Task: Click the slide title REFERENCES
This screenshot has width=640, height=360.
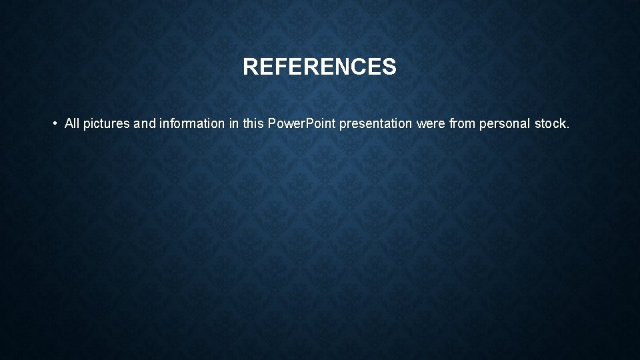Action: point(319,67)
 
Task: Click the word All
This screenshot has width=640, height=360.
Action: point(72,123)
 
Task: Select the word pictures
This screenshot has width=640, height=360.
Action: point(107,124)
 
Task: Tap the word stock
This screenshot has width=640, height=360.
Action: point(551,123)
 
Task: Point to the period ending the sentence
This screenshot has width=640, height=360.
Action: point(569,127)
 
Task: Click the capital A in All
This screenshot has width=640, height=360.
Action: point(69,123)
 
